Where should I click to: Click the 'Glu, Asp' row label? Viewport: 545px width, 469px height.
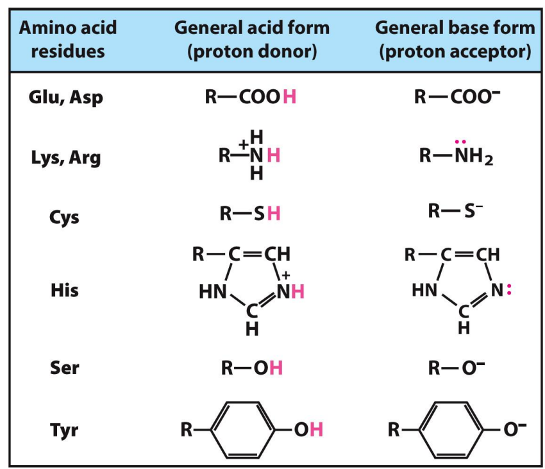(x=65, y=98)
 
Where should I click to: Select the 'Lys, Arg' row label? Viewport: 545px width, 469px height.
(x=66, y=158)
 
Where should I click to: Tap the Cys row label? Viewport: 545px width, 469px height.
(x=64, y=217)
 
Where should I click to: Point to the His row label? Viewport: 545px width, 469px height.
(x=65, y=290)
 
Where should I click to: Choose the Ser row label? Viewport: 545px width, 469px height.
(x=65, y=368)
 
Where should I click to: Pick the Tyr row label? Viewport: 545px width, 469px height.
(x=64, y=430)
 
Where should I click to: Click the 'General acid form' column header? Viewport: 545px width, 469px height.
(x=252, y=28)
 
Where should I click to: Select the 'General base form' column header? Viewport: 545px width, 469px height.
(x=455, y=28)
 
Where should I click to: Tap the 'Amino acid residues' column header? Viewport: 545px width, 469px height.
(x=68, y=39)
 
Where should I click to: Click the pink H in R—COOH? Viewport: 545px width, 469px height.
(x=290, y=97)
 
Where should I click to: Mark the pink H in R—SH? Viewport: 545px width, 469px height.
(x=274, y=213)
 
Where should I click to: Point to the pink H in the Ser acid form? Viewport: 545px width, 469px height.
(x=276, y=368)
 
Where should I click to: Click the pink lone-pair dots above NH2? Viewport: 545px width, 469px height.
(x=460, y=142)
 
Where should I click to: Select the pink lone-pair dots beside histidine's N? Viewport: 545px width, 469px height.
(x=509, y=289)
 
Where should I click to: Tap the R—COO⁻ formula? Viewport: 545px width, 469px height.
(x=457, y=97)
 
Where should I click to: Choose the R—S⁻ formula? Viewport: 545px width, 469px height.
(x=455, y=211)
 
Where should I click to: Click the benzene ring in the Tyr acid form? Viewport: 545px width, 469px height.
(x=242, y=430)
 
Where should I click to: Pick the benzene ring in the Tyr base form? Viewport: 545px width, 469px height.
(x=451, y=430)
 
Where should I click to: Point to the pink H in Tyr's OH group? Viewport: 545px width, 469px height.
(x=316, y=429)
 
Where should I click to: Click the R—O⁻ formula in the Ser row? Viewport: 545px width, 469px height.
(x=457, y=368)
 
